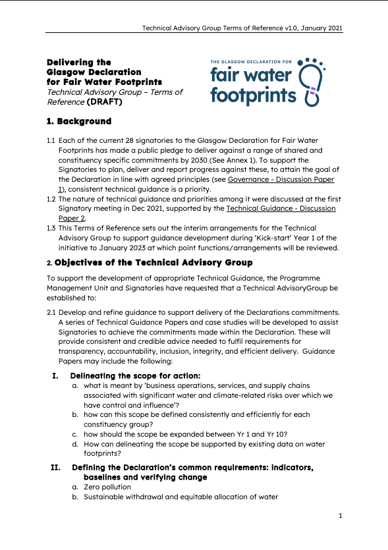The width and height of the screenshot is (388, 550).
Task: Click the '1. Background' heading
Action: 78,122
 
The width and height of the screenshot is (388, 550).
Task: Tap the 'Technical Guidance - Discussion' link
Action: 281,209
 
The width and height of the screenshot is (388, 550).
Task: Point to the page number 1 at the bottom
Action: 341,515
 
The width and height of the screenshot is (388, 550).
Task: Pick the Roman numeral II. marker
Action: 56,467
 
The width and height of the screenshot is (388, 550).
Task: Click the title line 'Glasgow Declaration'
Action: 94,72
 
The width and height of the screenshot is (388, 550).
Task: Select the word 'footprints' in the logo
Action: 253,96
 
